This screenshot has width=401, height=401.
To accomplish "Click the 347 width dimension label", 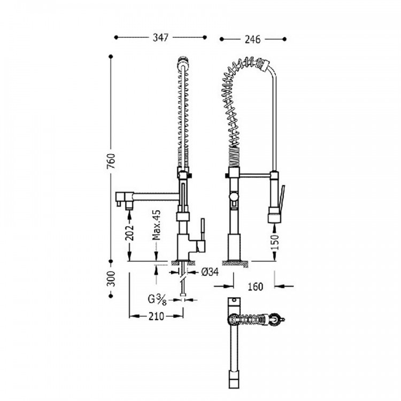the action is (x=160, y=37).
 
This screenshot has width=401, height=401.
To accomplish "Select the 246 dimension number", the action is (x=252, y=40).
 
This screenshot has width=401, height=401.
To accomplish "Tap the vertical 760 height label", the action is (x=111, y=161).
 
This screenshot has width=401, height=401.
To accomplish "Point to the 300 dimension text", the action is (x=111, y=279).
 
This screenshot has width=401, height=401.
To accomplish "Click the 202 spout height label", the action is (x=129, y=233).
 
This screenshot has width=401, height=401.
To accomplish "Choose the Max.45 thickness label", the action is (x=156, y=225).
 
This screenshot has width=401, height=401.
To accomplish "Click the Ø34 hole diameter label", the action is (x=210, y=272).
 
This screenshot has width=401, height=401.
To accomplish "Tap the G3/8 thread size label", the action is (x=157, y=299).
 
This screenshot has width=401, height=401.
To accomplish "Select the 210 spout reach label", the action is (x=156, y=317).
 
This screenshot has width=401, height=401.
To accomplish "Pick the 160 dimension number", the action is (x=255, y=287).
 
